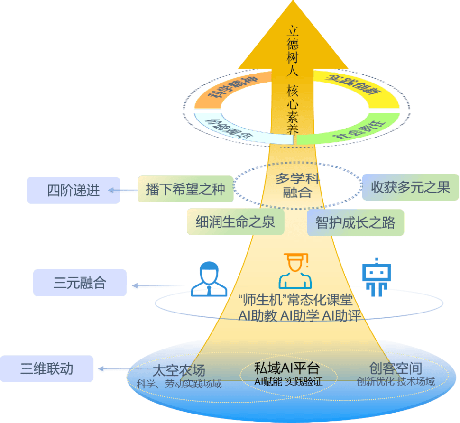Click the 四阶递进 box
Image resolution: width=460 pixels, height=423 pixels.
[x=74, y=190]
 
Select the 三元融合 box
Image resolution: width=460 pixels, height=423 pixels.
[x=80, y=283]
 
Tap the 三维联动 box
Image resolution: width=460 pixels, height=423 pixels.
[x=46, y=368]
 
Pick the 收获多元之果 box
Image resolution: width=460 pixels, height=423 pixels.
[x=410, y=187]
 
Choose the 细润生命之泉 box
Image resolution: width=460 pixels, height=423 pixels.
[x=235, y=222]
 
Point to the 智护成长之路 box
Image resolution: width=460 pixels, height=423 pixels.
[x=356, y=222]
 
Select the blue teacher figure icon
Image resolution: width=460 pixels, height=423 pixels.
[x=209, y=279]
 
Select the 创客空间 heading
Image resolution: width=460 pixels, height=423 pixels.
[x=396, y=368]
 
